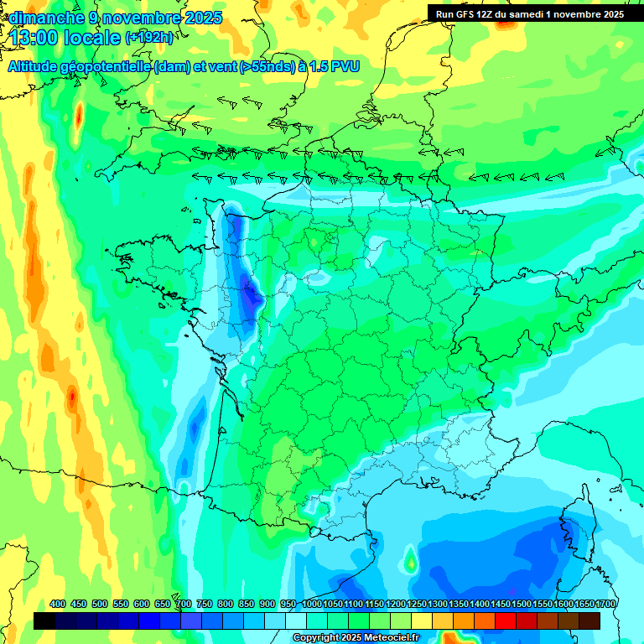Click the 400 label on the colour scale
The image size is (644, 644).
58,605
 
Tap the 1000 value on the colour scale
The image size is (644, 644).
312,605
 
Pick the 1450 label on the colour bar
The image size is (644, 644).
501,605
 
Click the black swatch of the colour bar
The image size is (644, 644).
44,621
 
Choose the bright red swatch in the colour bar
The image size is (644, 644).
506,621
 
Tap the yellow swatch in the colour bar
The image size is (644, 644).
422,621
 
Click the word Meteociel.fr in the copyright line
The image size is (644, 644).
387,638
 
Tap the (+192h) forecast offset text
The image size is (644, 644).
152,38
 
